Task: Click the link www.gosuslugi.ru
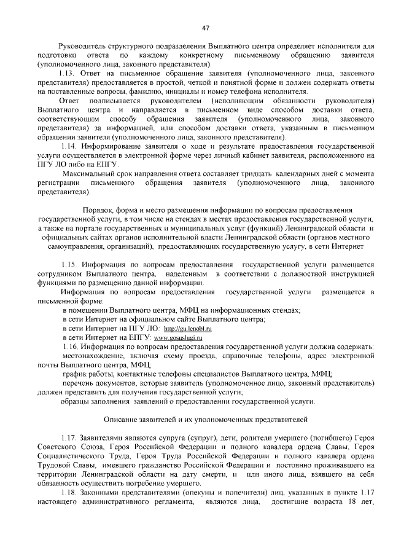(x=178, y=339)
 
